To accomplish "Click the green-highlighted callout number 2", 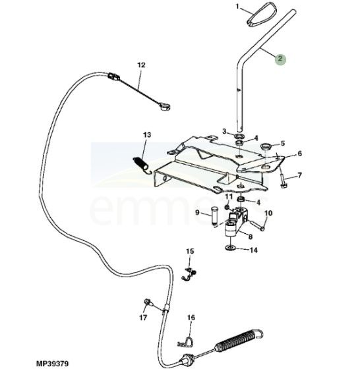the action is (280, 59).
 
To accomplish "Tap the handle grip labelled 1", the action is (262, 14).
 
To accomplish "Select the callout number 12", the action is (141, 65).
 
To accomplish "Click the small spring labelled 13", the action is (141, 164).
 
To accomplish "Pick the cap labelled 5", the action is (266, 146).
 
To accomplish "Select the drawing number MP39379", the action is (52, 364).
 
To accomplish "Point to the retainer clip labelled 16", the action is (186, 343).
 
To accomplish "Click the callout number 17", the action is (143, 318).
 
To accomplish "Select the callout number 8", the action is (251, 237).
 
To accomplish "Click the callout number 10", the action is (268, 213).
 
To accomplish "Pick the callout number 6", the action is (299, 154).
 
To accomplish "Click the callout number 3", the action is (224, 131).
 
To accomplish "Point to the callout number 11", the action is (229, 196).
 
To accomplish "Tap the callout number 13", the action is (147, 135).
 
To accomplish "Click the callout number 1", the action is (237, 7).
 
